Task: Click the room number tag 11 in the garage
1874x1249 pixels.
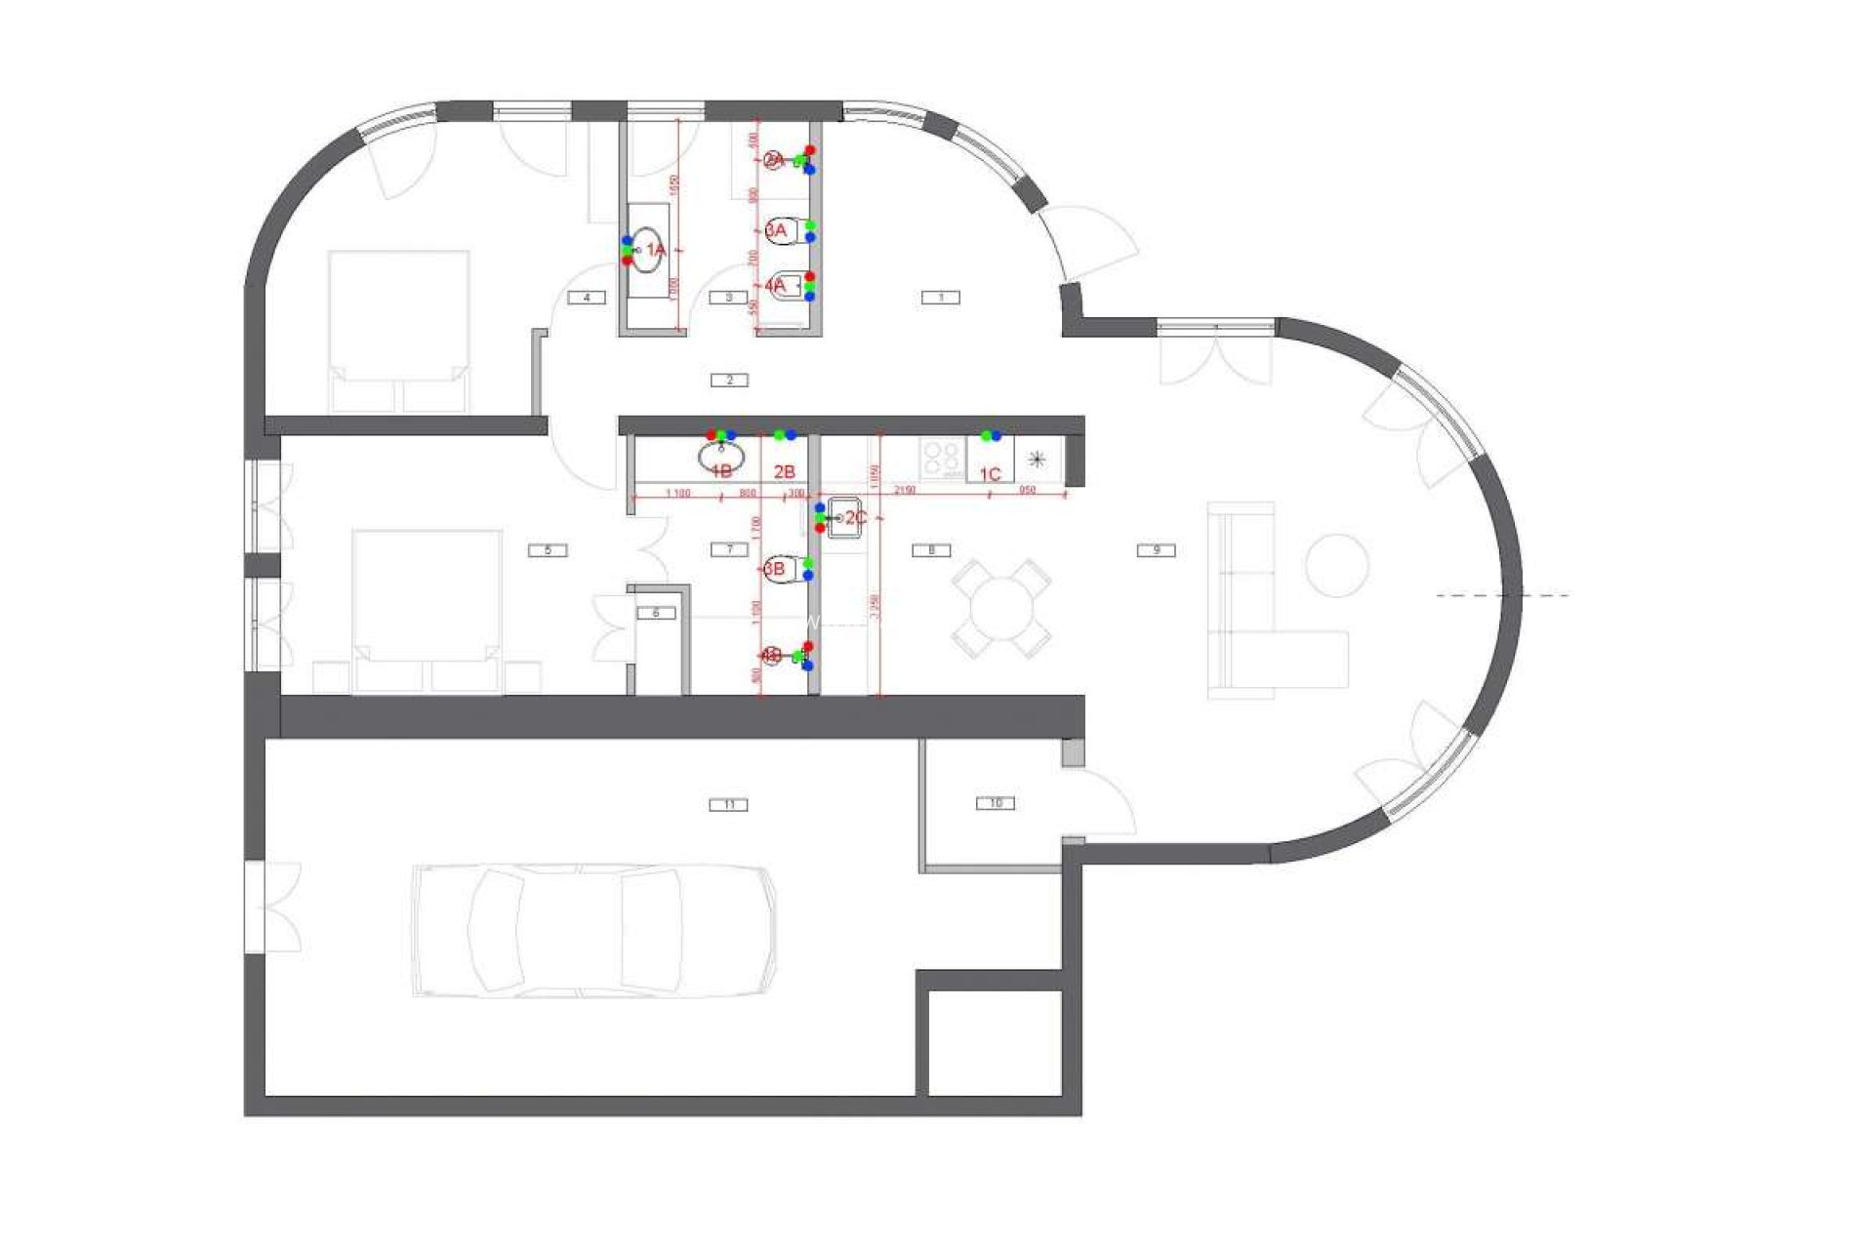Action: tap(729, 805)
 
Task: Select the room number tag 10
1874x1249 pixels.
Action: tap(995, 803)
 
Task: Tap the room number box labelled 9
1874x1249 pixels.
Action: tap(1157, 550)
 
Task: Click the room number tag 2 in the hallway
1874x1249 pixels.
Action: tap(729, 380)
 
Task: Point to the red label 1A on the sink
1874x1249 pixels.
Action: tap(655, 251)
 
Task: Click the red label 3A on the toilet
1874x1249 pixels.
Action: tap(776, 230)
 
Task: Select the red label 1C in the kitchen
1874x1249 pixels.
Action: tap(990, 474)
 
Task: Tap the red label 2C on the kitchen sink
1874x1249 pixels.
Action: tap(856, 517)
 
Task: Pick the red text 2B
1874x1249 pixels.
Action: tap(784, 472)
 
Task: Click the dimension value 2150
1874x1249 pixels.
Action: tap(903, 490)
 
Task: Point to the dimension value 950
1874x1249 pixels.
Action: tap(1027, 490)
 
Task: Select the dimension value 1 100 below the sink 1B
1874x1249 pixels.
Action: tap(677, 494)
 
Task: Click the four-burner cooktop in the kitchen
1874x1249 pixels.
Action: tap(942, 457)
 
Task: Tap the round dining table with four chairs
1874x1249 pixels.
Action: tap(1001, 609)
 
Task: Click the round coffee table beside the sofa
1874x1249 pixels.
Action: tap(1336, 565)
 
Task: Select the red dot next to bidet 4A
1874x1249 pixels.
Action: tap(809, 277)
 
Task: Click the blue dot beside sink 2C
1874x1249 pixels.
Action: tap(820, 508)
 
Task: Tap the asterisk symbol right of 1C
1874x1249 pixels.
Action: tap(1038, 458)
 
